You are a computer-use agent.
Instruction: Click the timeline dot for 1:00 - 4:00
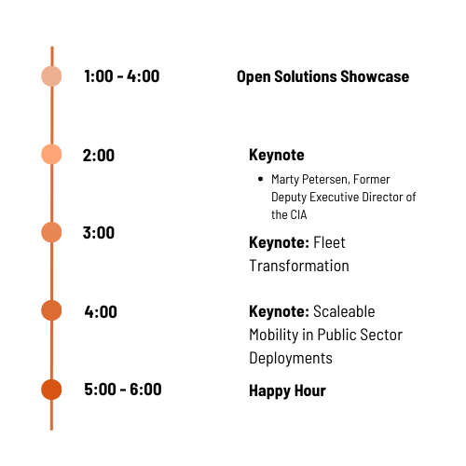click(51, 76)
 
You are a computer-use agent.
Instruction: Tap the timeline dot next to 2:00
click(51, 154)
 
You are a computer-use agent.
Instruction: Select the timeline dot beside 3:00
click(51, 232)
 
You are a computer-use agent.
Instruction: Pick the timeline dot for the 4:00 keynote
click(51, 310)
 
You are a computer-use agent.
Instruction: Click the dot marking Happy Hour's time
click(51, 390)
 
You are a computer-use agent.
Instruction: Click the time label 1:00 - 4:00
click(122, 76)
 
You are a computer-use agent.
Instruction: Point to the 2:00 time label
click(99, 156)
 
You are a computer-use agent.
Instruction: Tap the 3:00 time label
click(99, 233)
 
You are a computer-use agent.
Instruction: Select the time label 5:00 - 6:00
click(123, 390)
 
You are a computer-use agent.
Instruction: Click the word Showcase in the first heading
click(375, 76)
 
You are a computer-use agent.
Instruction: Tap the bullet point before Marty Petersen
click(260, 179)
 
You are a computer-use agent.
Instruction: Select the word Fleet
click(329, 242)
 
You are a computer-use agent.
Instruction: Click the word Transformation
click(299, 266)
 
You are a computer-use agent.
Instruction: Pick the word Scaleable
click(344, 311)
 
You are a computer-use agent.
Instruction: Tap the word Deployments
click(291, 358)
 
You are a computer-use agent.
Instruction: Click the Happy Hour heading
click(287, 391)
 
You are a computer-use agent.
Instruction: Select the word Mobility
click(274, 335)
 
